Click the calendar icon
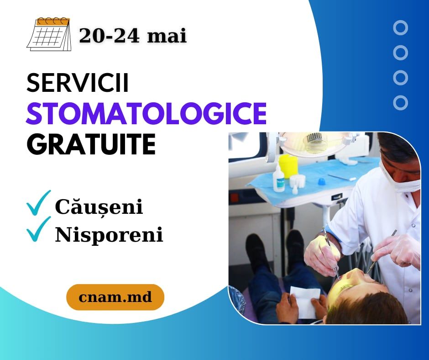(x=49, y=34)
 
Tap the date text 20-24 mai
(x=133, y=36)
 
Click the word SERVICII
(x=78, y=83)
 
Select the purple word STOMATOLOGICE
(x=146, y=113)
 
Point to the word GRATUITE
(x=91, y=144)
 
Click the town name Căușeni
(x=99, y=207)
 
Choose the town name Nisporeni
(x=109, y=235)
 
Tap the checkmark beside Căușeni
(x=39, y=203)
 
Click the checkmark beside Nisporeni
(x=39, y=229)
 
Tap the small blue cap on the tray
(x=321, y=181)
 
